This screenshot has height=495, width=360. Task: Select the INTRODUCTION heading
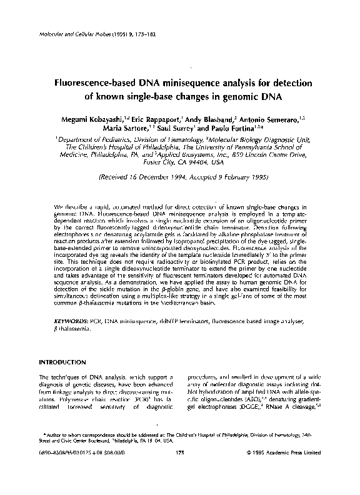click(x=62, y=362)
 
